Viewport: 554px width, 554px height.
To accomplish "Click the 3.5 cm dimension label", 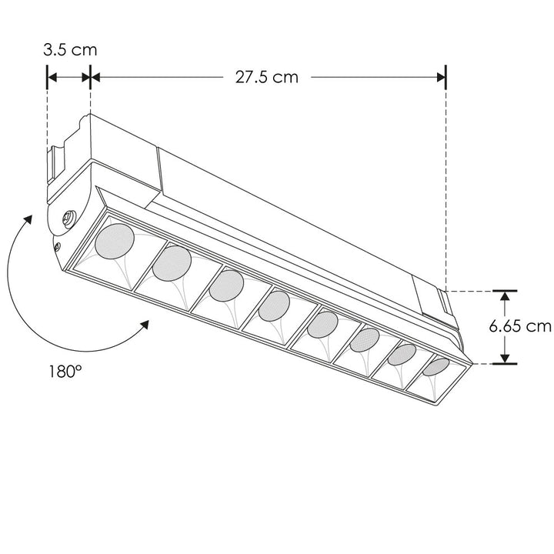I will click(x=69, y=51).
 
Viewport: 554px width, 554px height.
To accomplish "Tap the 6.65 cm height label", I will click(x=520, y=325).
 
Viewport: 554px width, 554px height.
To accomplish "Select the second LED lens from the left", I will click(x=171, y=264).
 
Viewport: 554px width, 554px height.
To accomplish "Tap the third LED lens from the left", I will click(x=225, y=287).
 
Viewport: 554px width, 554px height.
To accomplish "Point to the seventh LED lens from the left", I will click(x=401, y=354).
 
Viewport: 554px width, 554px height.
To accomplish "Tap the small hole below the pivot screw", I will click(x=58, y=246).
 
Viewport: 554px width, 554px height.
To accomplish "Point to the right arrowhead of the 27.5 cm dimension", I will click(x=441, y=76).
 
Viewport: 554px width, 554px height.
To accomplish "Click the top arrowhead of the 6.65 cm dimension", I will click(x=504, y=295).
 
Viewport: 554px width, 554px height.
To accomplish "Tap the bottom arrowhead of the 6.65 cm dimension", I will click(x=504, y=359).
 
